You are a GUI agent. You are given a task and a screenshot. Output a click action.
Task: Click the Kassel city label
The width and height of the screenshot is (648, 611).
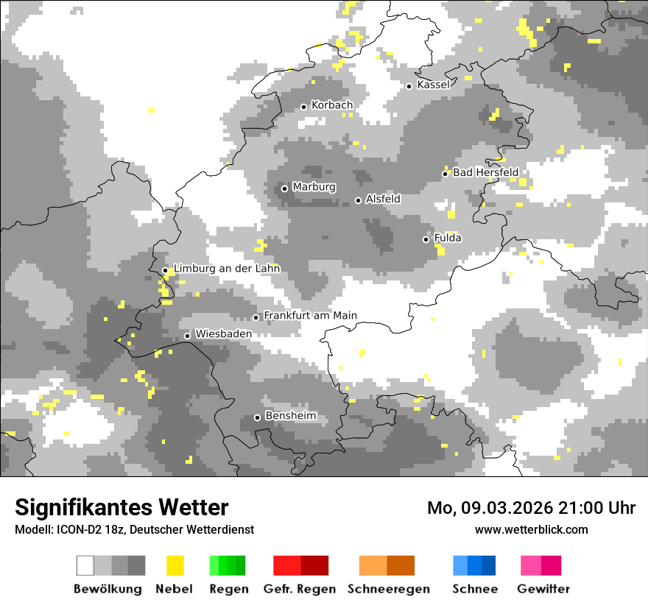433,85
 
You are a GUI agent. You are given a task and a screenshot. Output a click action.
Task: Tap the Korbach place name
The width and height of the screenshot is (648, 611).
331,105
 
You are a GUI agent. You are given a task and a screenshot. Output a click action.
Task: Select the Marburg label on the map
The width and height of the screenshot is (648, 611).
314,187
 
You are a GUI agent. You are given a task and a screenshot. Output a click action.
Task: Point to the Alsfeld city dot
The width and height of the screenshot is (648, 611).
359,200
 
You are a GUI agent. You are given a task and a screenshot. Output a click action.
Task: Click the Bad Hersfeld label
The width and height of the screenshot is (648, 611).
485,172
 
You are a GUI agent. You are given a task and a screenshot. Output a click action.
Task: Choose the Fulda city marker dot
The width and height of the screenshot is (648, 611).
426,239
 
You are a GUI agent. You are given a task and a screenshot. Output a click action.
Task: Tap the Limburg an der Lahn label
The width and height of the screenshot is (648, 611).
226,269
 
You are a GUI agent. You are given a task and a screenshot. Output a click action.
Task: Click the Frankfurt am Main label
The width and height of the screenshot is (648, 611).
310,316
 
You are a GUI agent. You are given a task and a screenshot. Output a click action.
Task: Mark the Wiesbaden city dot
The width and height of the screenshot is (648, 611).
188,336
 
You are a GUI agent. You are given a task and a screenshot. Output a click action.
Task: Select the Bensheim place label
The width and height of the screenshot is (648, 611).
290,416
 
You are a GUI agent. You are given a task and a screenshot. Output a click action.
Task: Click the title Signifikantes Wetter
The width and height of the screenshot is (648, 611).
121,508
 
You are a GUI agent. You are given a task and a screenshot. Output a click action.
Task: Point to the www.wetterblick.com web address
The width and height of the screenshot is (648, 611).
531,529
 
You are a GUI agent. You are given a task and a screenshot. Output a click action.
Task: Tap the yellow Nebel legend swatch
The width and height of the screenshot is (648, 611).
175,565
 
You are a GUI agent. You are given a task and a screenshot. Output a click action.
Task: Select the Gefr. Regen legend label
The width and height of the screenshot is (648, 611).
300,589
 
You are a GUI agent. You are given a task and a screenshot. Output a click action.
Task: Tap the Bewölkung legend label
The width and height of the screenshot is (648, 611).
108,589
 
